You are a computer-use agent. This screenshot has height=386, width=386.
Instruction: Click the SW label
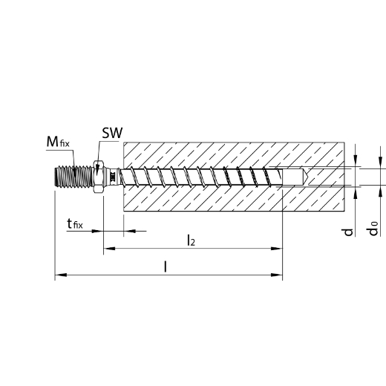112,133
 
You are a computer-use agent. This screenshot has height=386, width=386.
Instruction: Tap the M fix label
58,142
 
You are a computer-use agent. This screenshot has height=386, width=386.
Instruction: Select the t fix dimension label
75,223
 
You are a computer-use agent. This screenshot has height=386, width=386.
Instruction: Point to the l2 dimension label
191,241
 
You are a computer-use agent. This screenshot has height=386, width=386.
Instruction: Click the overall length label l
166,266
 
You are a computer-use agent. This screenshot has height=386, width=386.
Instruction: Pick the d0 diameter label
373,228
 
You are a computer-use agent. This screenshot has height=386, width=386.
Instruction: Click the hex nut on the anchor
99,177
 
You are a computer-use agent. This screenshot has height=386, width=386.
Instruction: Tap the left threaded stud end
74,177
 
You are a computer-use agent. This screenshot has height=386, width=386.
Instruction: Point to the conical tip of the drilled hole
306,177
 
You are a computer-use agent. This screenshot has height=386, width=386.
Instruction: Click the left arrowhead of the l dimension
61,275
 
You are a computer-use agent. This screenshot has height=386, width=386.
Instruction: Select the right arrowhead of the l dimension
276,275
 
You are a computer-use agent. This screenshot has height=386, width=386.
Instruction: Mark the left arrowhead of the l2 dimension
109,248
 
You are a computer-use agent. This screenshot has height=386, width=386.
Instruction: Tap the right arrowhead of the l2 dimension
276,248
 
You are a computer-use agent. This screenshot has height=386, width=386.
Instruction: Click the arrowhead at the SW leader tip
97,169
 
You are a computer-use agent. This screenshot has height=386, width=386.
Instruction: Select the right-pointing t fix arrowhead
97,231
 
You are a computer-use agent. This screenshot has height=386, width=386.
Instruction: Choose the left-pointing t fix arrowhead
129,231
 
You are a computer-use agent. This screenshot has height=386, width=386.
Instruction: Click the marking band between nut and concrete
113,177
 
